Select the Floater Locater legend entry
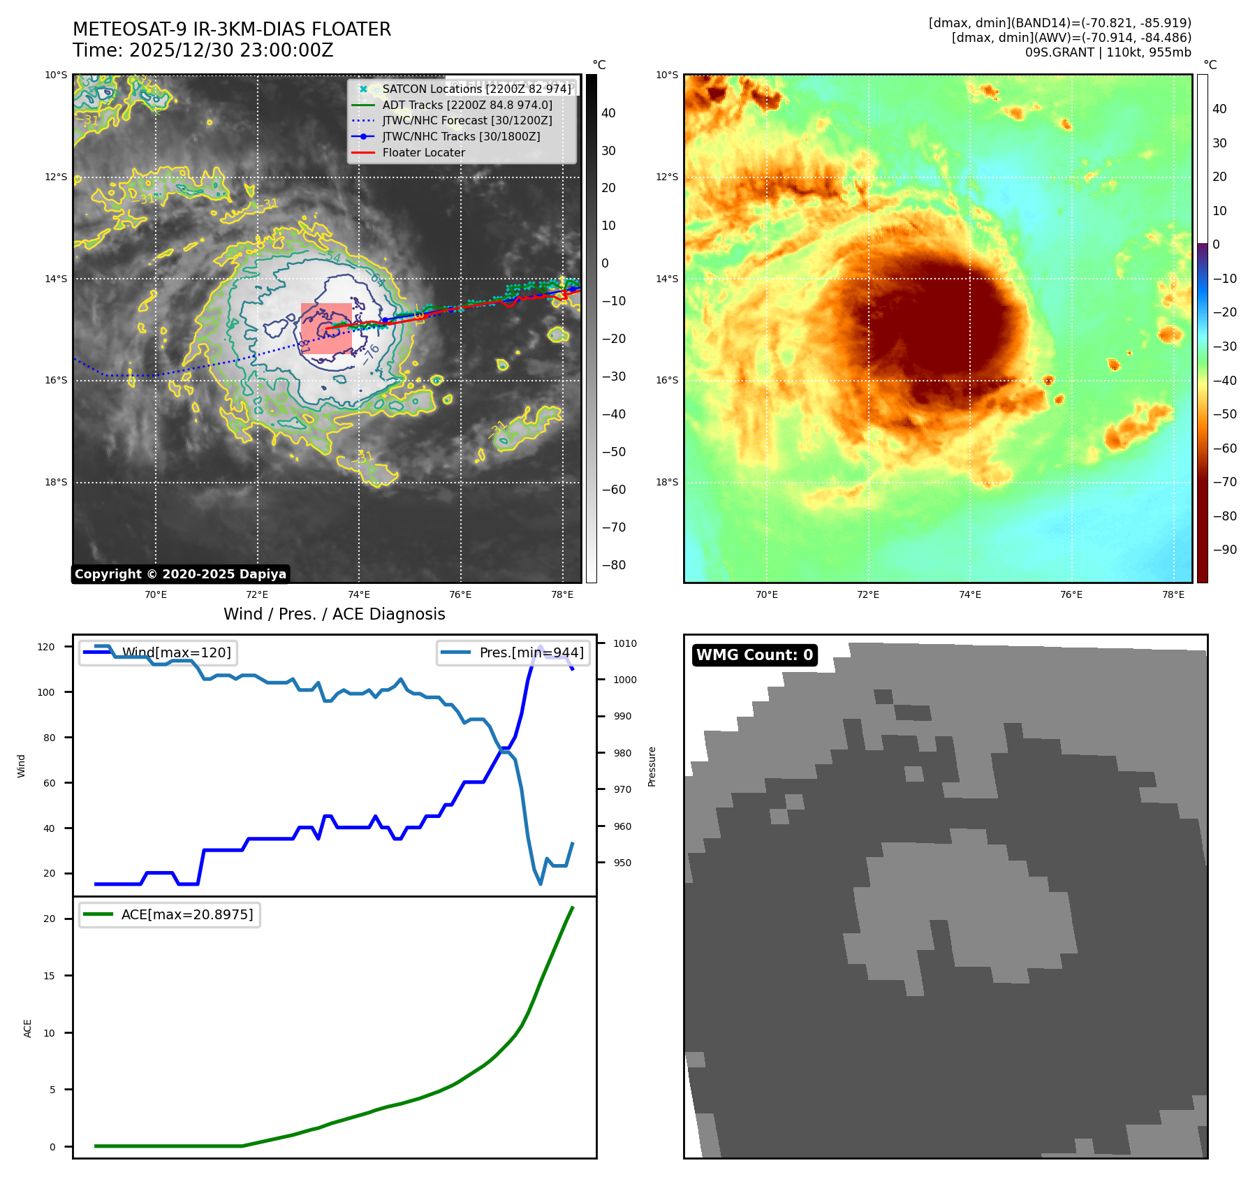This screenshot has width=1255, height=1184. pos(423,153)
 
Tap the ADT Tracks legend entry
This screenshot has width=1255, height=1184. pos(467,105)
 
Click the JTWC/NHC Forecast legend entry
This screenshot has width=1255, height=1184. pos(467,121)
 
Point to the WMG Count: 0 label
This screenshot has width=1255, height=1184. pos(754,655)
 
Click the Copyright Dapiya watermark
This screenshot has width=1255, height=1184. pos(180,574)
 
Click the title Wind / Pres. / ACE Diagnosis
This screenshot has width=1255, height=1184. pos(334,614)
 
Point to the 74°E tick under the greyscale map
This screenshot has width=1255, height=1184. pos(359,595)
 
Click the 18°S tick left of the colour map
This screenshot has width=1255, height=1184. pos(667,483)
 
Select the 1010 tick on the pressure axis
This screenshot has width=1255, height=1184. pos(625,644)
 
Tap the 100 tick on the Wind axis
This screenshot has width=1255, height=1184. pos(46,693)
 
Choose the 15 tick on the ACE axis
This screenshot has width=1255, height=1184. pos(49,977)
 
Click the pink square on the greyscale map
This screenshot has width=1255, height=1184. pos(326,328)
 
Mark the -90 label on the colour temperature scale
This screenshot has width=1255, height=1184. pos(1224,550)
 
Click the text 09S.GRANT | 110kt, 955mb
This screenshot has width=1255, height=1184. pos(1108,52)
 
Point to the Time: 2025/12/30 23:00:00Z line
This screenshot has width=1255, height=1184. pos(203,51)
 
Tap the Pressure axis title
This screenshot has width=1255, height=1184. pos(652,766)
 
